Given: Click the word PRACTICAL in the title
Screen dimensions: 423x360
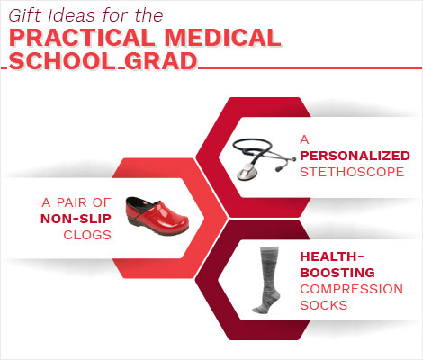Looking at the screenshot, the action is [x=81, y=38].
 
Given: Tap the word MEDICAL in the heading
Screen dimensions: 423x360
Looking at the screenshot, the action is [x=222, y=38].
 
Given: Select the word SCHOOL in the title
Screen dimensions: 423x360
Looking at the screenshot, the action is [x=62, y=61].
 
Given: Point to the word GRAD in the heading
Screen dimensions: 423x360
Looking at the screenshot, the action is [x=161, y=61].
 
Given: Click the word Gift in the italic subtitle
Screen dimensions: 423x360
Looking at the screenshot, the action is [x=24, y=15].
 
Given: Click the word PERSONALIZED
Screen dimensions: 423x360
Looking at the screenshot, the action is [x=355, y=156].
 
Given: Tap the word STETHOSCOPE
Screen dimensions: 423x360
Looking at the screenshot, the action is [x=352, y=172].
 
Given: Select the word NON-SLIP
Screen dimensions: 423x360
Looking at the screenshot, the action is [x=76, y=219].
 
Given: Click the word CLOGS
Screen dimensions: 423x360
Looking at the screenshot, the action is [x=87, y=235].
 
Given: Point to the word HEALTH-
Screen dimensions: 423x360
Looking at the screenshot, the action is [x=332, y=256].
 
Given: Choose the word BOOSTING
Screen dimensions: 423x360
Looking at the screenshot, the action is [x=337, y=273].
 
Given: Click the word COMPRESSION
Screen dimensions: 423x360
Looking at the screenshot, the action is [x=352, y=289].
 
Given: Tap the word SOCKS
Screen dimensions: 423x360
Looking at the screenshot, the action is [x=324, y=305].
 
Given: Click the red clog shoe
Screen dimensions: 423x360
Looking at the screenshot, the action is [x=157, y=216].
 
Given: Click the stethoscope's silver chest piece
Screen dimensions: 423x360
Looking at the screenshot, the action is [x=247, y=173].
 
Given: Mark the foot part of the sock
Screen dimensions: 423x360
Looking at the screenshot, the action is [x=264, y=305].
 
